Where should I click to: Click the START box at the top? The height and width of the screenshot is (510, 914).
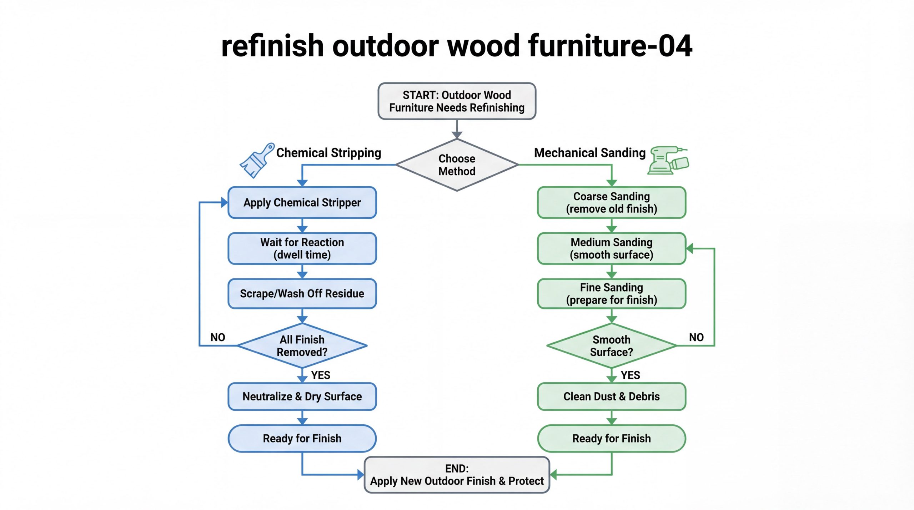click(x=457, y=101)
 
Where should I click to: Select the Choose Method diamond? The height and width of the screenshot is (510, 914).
click(x=457, y=165)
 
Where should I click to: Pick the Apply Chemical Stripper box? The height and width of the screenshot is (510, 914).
click(x=302, y=203)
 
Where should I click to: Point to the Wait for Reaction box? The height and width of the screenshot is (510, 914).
click(x=302, y=248)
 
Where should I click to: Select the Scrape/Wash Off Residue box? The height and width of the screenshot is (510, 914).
click(x=302, y=294)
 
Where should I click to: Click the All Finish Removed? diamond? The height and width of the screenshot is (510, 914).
click(x=302, y=346)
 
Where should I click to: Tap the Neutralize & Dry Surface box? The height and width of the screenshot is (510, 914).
click(x=302, y=397)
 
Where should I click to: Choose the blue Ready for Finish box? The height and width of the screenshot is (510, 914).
click(x=302, y=438)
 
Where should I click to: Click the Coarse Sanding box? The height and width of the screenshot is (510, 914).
click(x=612, y=203)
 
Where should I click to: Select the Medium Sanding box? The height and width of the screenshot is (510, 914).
click(x=612, y=248)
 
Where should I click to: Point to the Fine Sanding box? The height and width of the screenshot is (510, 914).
click(x=612, y=294)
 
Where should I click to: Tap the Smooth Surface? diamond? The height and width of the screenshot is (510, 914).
click(x=612, y=346)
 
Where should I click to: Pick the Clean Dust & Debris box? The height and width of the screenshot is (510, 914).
click(x=612, y=397)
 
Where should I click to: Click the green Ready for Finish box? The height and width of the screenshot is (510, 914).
click(x=612, y=438)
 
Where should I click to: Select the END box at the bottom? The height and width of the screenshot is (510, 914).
click(x=457, y=475)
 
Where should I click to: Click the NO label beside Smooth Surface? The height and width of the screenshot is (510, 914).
click(x=696, y=337)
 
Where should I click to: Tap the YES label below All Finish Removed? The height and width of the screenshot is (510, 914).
click(x=321, y=375)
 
